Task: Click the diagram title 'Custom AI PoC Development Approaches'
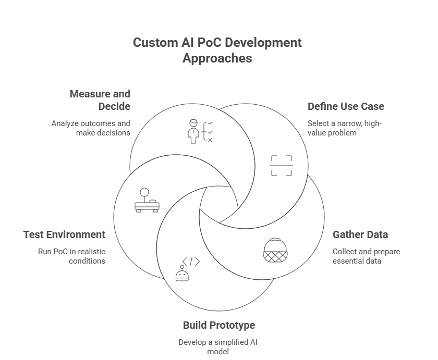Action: pyautogui.click(x=217, y=50)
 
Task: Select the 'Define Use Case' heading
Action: pyautogui.click(x=346, y=106)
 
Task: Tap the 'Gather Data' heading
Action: pyautogui.click(x=360, y=234)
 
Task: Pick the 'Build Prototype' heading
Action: pyautogui.click(x=219, y=325)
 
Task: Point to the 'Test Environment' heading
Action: pyautogui.click(x=64, y=234)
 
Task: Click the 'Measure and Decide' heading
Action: pyautogui.click(x=100, y=100)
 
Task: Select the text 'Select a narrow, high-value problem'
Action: pyautogui.click(x=345, y=128)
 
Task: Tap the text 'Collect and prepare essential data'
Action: pyautogui.click(x=366, y=256)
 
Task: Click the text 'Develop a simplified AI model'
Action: pyautogui.click(x=218, y=346)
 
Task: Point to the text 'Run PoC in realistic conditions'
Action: pyautogui.click(x=71, y=256)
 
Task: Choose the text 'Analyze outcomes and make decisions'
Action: pyautogui.click(x=91, y=128)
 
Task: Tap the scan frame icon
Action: pyautogui.click(x=282, y=166)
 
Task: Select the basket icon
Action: pyautogui.click(x=275, y=250)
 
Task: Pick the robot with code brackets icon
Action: pyautogui.click(x=187, y=269)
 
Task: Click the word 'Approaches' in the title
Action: pyautogui.click(x=217, y=58)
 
